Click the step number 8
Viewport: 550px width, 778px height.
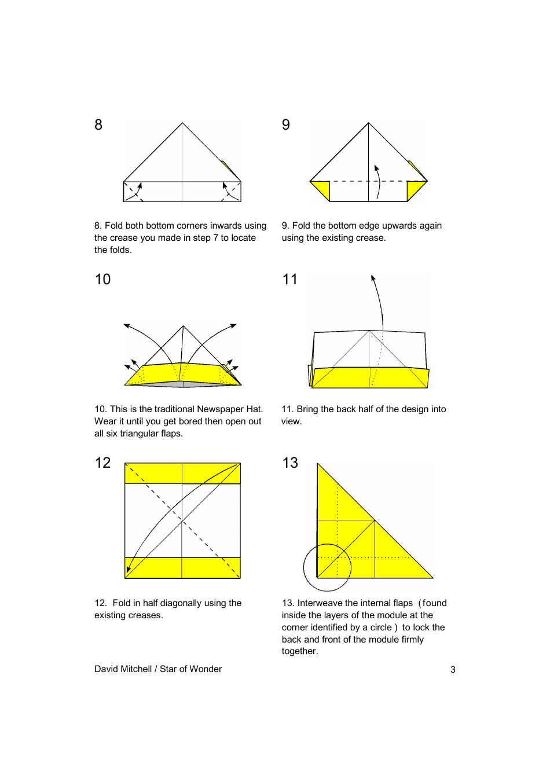pyautogui.click(x=98, y=125)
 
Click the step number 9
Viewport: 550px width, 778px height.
pyautogui.click(x=286, y=125)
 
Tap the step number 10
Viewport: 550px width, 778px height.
pyautogui.click(x=102, y=280)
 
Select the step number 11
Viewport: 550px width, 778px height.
pyautogui.click(x=289, y=280)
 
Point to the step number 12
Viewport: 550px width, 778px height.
pyautogui.click(x=102, y=463)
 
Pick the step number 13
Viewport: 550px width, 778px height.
pyautogui.click(x=290, y=463)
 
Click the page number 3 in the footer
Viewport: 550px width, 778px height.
pyautogui.click(x=453, y=670)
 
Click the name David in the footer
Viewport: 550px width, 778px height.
pyautogui.click(x=108, y=669)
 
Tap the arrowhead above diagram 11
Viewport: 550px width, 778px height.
pyautogui.click(x=373, y=278)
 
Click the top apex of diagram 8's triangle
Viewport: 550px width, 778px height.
pyautogui.click(x=182, y=123)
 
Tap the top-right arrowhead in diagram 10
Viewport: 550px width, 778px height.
pyautogui.click(x=233, y=326)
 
